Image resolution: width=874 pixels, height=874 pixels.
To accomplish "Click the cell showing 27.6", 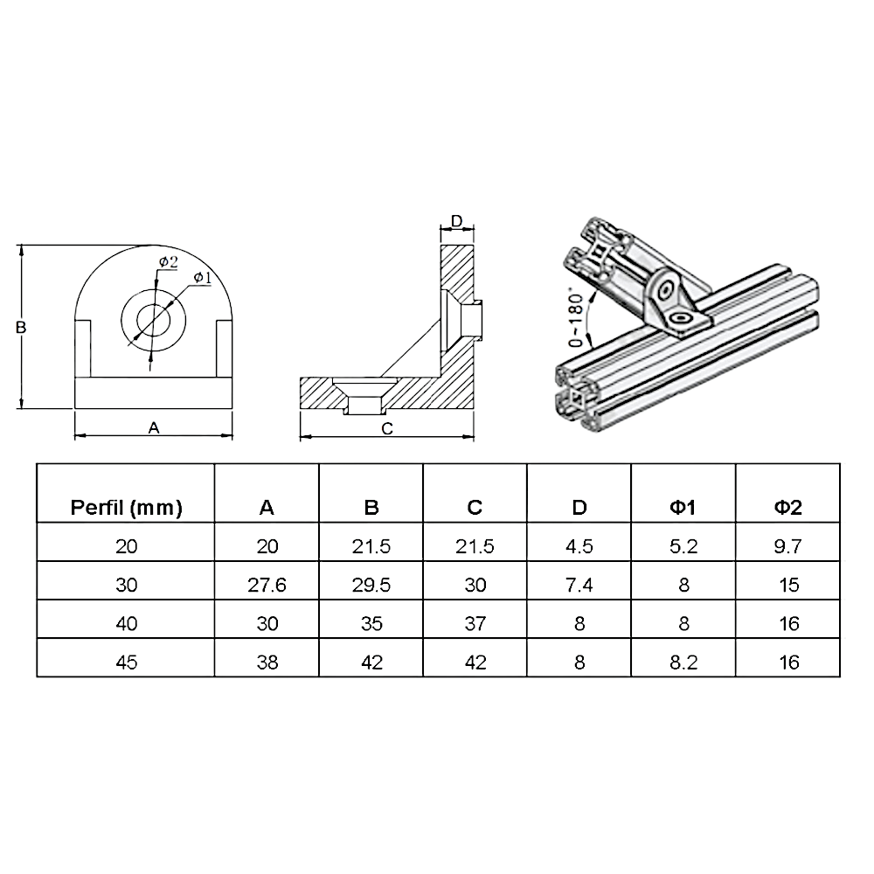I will click(267, 586).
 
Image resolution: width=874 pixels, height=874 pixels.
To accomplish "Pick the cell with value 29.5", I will click(371, 586).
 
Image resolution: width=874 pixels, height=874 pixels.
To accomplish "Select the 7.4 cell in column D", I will click(579, 586).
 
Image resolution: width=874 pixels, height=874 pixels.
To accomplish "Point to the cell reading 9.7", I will click(788, 547).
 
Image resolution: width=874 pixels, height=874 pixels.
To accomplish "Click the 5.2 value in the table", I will click(683, 547).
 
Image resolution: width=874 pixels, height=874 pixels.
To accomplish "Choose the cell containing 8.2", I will click(683, 662).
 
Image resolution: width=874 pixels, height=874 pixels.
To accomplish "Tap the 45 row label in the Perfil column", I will click(126, 662).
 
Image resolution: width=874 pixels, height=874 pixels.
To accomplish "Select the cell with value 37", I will click(475, 624).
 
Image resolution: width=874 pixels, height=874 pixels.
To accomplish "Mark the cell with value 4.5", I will click(579, 547).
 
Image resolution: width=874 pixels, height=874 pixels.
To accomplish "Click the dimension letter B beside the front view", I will click(22, 327).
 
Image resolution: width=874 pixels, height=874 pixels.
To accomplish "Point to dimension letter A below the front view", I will click(154, 427).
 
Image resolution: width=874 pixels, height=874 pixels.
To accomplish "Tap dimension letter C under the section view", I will click(389, 428).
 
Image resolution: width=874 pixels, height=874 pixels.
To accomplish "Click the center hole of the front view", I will click(154, 317).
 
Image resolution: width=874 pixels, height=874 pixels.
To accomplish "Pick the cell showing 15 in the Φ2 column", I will click(788, 586).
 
